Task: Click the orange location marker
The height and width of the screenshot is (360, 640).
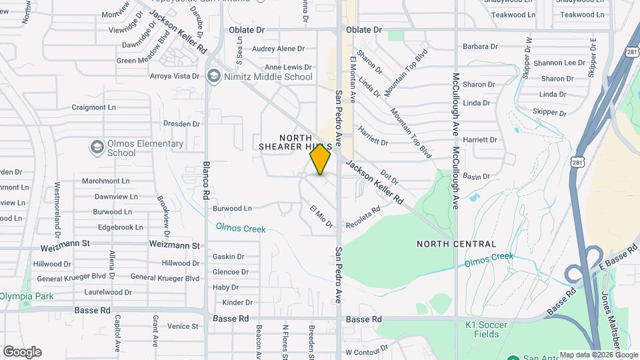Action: pyautogui.click(x=320, y=159)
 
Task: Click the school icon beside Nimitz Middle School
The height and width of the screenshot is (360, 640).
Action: pyautogui.click(x=214, y=76)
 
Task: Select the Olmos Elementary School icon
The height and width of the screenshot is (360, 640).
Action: pyautogui.click(x=97, y=147)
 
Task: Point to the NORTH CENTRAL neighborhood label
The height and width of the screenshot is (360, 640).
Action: pyautogui.click(x=456, y=244)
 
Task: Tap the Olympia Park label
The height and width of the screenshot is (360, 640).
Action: pyautogui.click(x=27, y=296)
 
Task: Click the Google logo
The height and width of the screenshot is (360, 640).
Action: pyautogui.click(x=22, y=352)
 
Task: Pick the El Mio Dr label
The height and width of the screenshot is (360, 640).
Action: pyautogui.click(x=321, y=217)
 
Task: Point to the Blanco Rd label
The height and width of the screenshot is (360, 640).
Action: pyautogui.click(x=206, y=181)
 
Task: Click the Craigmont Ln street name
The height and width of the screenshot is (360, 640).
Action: pyautogui.click(x=93, y=107)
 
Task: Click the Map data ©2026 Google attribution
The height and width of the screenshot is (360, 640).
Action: pyautogui.click(x=598, y=355)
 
